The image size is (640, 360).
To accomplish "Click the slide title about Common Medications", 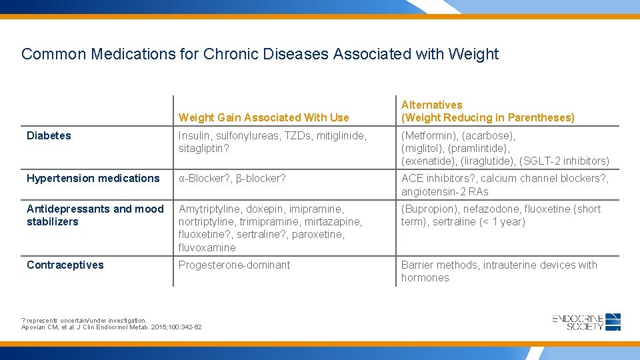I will click(x=259, y=54).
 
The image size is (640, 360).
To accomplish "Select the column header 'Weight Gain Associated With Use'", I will click(x=263, y=117).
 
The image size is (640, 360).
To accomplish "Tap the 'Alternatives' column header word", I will click(x=431, y=105).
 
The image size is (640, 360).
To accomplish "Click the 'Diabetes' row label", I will click(x=49, y=135).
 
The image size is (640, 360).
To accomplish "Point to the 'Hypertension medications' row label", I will click(x=93, y=178).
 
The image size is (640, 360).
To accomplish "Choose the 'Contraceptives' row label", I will click(x=65, y=265).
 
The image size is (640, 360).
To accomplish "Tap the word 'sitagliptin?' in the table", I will click(x=203, y=148).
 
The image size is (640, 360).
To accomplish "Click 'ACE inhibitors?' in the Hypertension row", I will click(x=437, y=178).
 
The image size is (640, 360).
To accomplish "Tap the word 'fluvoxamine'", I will click(x=207, y=247).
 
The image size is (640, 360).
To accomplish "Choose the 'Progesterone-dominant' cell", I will click(x=234, y=265).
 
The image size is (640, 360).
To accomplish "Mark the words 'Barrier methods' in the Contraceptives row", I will click(x=439, y=265).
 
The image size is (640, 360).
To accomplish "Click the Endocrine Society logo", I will click(x=586, y=322).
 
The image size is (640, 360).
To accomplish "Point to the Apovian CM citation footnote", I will click(x=111, y=327).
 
